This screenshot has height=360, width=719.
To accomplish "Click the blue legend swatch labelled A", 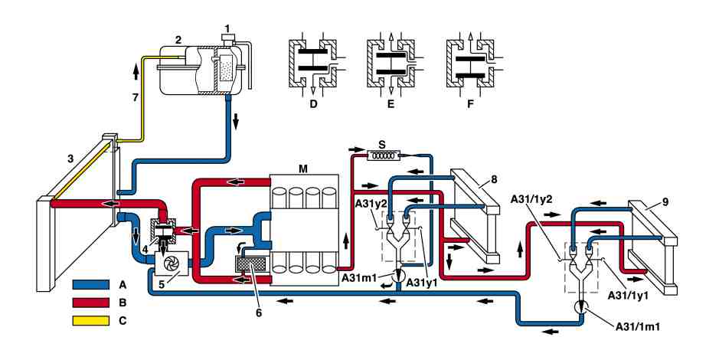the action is [x=91, y=284].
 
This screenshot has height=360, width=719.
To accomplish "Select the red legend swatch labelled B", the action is [x=91, y=303].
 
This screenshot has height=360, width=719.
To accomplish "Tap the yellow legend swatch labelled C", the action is [x=91, y=321].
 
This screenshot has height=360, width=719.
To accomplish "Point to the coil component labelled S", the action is [x=382, y=156].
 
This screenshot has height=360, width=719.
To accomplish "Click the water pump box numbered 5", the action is [x=172, y=263].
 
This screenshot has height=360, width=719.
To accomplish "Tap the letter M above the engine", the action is [x=303, y=169].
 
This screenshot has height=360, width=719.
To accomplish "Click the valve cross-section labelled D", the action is [x=313, y=63].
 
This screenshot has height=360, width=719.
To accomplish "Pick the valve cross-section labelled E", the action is [x=391, y=63].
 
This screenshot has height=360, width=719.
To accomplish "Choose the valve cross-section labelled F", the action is [x=470, y=63].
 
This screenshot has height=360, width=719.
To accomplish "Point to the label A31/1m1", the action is [x=640, y=327].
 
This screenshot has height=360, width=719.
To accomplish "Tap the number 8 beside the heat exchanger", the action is [x=494, y=179].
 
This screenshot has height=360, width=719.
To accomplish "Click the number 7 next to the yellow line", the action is [x=136, y=98].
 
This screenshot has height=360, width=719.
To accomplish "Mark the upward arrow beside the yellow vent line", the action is [x=136, y=71].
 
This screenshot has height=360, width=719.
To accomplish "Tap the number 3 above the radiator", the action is [x=70, y=159].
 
